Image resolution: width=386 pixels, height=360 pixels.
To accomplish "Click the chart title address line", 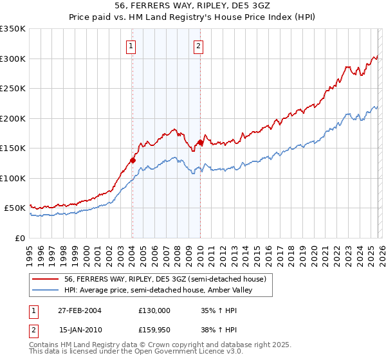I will pos(192,6).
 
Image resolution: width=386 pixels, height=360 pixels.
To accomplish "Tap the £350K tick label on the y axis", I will pos(13,29).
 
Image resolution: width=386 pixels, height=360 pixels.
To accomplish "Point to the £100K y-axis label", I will pos(13,178).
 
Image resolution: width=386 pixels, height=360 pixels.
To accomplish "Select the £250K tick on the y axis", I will pos(13,89).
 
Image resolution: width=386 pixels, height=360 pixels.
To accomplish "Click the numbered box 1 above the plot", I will pos(131,46).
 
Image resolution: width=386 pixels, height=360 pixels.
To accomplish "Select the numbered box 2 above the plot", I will pos(198,46).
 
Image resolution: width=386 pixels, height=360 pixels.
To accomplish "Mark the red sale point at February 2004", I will pos(133,160).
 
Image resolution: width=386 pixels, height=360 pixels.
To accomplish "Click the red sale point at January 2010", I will pos(200,143).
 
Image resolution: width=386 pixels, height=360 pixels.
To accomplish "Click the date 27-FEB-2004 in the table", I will pos(80,310).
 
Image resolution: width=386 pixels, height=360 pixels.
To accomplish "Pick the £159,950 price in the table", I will pos(154,330).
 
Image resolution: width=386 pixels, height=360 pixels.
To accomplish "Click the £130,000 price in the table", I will pos(154,310).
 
